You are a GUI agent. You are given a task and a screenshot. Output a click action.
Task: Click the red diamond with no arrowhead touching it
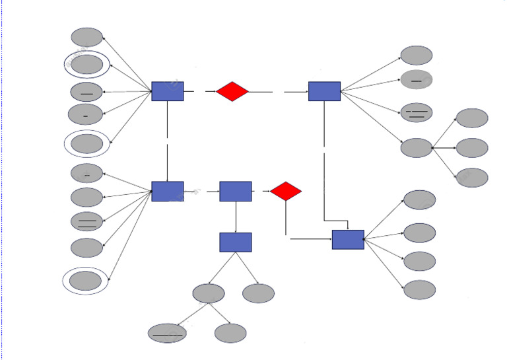click(232, 91)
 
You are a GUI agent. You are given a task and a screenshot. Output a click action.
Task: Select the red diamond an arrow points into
click(286, 192)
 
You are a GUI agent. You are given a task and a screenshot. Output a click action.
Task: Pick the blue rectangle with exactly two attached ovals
click(236, 242)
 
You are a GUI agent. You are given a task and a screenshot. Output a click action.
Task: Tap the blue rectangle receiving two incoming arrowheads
click(348, 239)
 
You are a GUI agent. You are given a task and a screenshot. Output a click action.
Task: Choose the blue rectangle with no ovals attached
click(236, 192)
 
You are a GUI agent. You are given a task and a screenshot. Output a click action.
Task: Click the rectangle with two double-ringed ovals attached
click(168, 91)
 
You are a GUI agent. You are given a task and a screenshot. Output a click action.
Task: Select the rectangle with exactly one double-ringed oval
click(168, 192)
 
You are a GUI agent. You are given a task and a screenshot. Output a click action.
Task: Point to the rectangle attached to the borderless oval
click(324, 91)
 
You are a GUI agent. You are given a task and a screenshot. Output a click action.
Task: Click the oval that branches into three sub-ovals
click(417, 147)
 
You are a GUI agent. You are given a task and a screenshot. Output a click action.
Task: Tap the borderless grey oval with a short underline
click(417, 80)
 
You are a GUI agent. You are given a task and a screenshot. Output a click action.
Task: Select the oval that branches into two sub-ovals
click(209, 293)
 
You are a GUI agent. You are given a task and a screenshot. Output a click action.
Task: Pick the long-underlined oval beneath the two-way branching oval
click(167, 333)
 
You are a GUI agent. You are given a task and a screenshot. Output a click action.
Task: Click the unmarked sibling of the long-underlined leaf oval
click(230, 333)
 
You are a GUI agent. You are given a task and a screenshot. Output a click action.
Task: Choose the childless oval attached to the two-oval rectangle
click(258, 293)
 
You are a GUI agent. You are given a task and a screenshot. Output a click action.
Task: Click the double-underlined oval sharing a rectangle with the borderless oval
click(417, 113)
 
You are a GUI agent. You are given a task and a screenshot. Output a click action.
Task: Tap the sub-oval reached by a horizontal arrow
click(472, 147)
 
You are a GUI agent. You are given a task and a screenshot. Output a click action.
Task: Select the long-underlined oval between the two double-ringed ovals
click(86, 92)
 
